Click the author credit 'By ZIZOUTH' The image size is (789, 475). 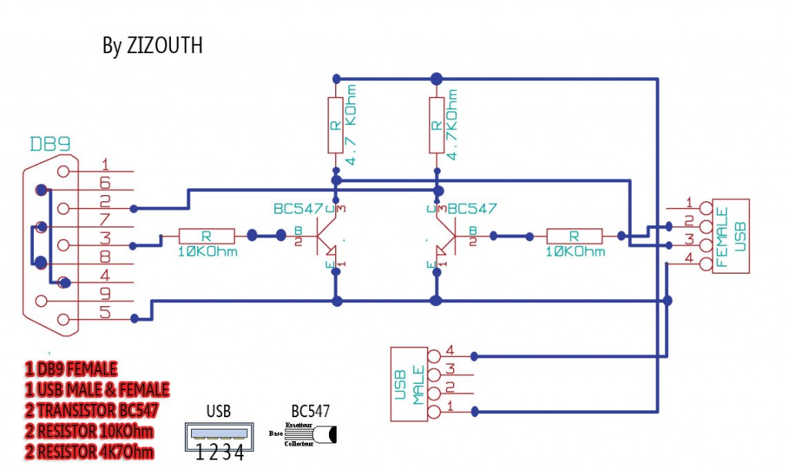click(153, 45)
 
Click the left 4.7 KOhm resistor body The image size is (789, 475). click(335, 125)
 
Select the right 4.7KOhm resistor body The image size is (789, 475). click(437, 125)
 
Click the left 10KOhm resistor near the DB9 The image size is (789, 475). click(207, 236)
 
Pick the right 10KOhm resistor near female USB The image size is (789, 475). click(575, 236)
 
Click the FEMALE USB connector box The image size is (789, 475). click(730, 236)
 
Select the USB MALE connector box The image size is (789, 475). click(409, 383)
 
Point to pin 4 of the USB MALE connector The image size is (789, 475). click(435, 355)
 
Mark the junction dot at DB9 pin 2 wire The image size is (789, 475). click(135, 208)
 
